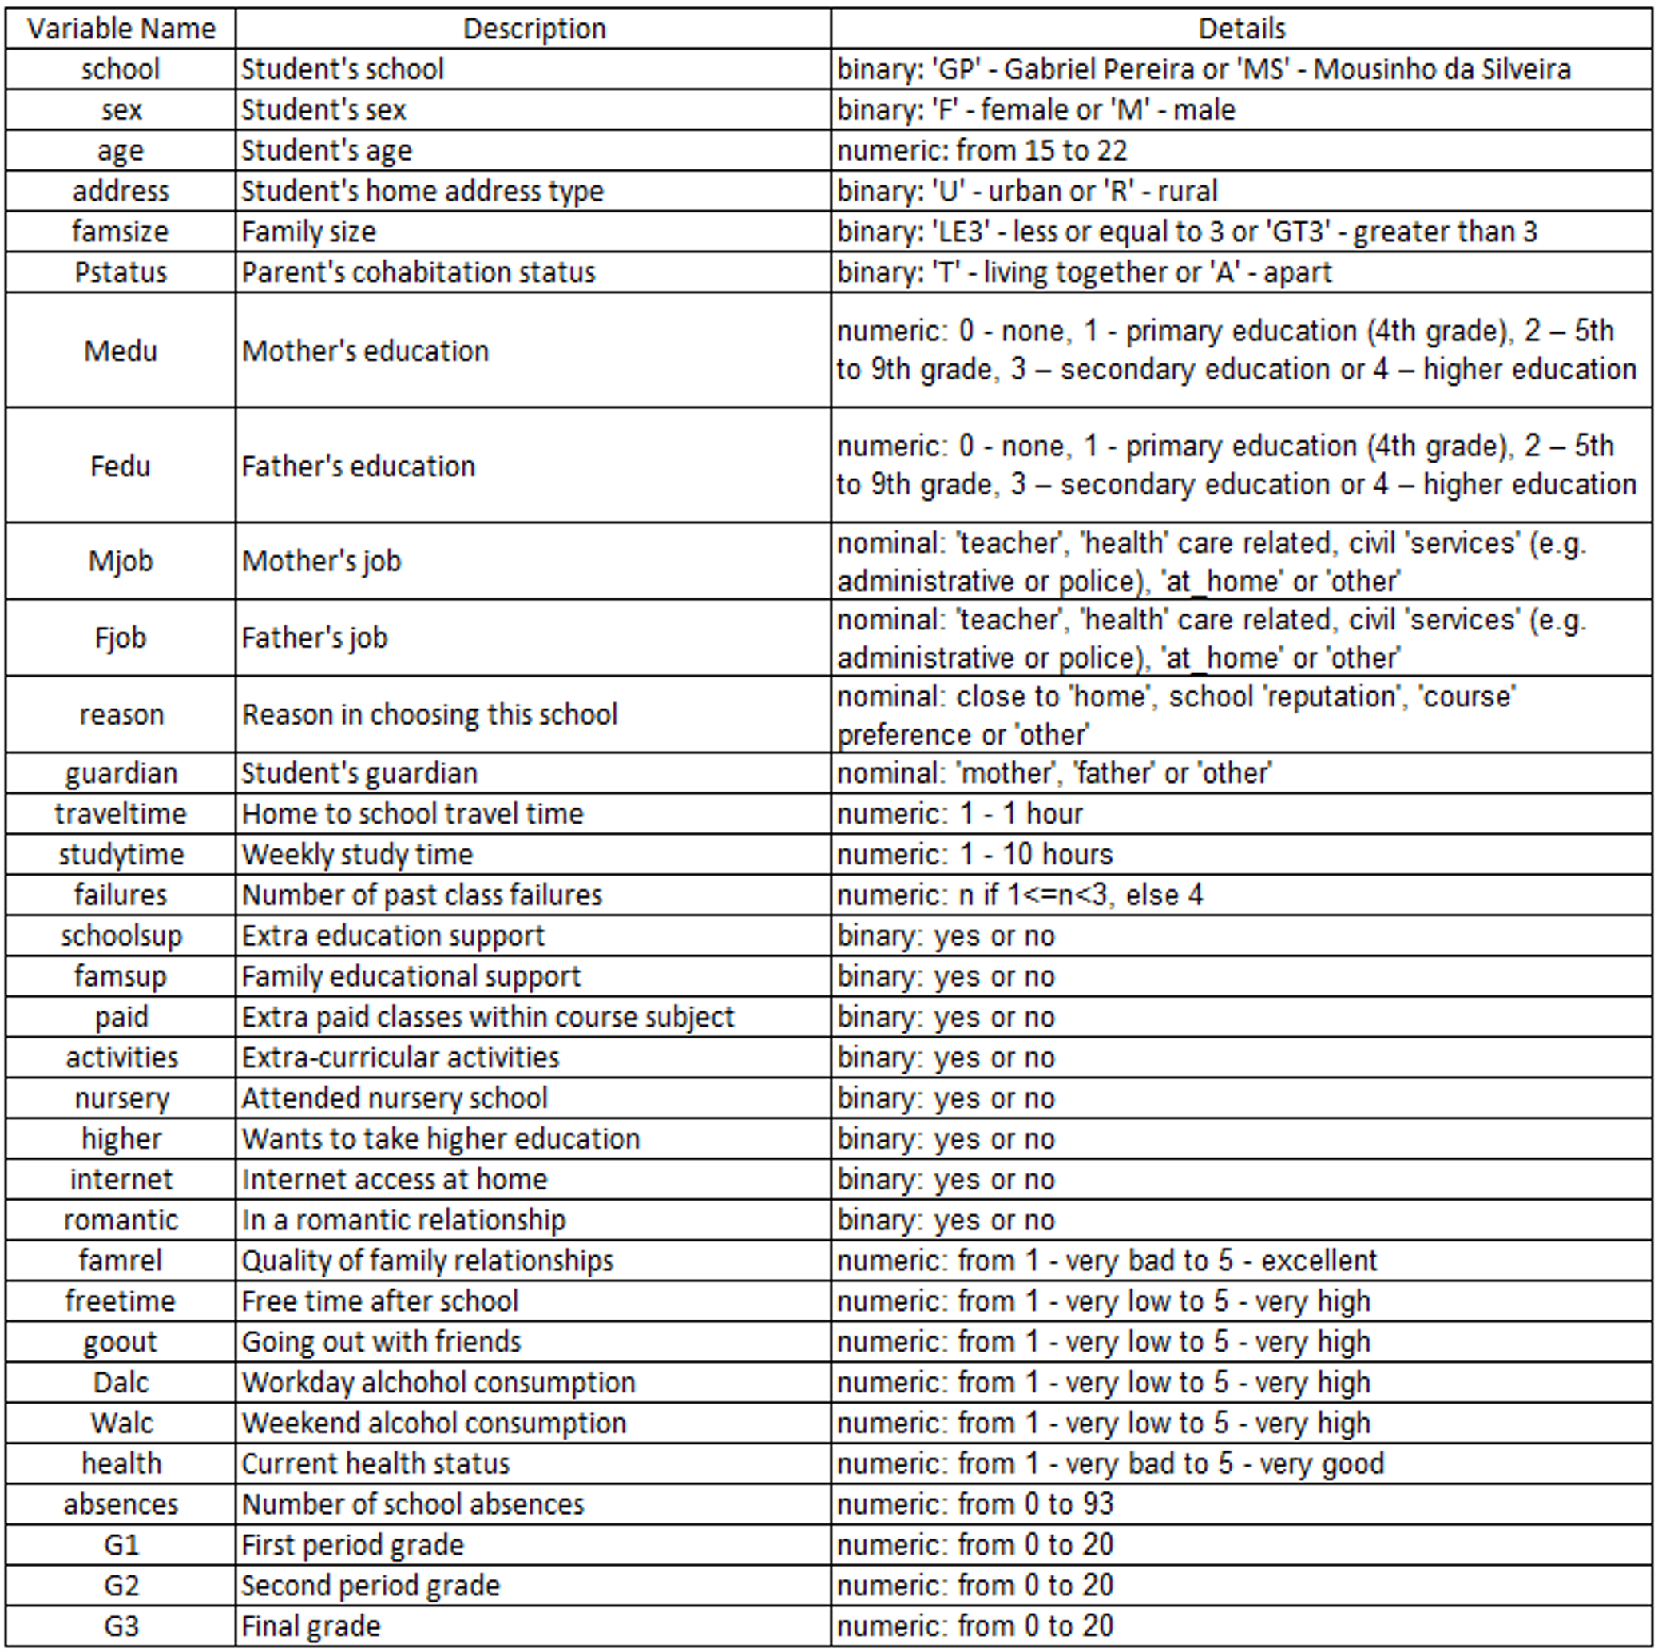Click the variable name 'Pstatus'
(x=121, y=272)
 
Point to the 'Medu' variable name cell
(x=121, y=351)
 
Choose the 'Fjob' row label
(x=121, y=637)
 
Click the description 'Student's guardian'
(x=359, y=773)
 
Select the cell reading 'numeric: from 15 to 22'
(x=981, y=150)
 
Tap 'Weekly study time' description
(x=357, y=855)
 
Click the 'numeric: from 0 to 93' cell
(x=975, y=1504)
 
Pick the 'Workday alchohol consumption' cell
(x=438, y=1383)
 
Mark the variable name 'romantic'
(x=121, y=1221)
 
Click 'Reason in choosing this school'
(x=429, y=715)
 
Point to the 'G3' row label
(x=121, y=1626)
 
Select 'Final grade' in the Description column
(x=311, y=1626)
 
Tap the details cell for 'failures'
(x=1020, y=895)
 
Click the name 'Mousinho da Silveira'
(x=1442, y=69)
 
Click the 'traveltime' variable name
(x=121, y=813)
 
